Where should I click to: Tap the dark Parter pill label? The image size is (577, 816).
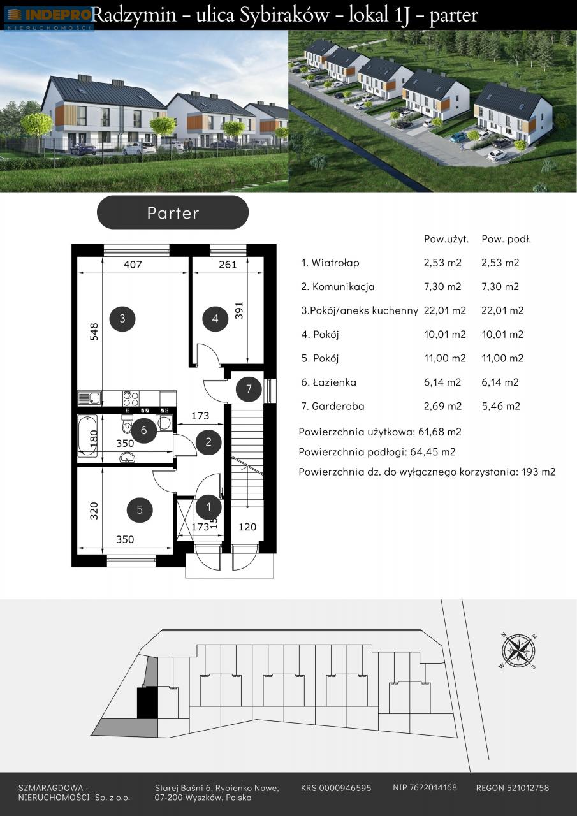pyautogui.click(x=173, y=212)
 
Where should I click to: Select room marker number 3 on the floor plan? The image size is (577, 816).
pyautogui.click(x=122, y=318)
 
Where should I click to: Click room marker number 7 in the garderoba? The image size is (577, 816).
pyautogui.click(x=249, y=389)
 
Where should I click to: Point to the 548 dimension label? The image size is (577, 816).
pyautogui.click(x=94, y=331)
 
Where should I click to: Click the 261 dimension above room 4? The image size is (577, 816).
pyautogui.click(x=228, y=264)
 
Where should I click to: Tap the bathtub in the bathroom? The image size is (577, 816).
pyautogui.click(x=87, y=435)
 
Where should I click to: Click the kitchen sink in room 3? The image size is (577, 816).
pyautogui.click(x=90, y=398)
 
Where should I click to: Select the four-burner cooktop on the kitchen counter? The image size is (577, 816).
pyautogui.click(x=131, y=398)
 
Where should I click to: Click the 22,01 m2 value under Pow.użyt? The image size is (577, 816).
pyautogui.click(x=445, y=310)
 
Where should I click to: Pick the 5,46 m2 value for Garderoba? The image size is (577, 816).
pyautogui.click(x=501, y=406)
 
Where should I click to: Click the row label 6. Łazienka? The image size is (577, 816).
pyautogui.click(x=328, y=382)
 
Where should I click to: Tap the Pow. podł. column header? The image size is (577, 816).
pyautogui.click(x=506, y=239)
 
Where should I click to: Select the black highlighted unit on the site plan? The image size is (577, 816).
pyautogui.click(x=148, y=703)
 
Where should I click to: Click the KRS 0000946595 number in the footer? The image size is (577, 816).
pyautogui.click(x=336, y=789)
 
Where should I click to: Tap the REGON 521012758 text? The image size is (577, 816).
pyautogui.click(x=512, y=789)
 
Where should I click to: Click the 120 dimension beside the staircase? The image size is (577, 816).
pyautogui.click(x=247, y=527)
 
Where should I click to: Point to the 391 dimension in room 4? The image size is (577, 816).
pyautogui.click(x=238, y=310)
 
